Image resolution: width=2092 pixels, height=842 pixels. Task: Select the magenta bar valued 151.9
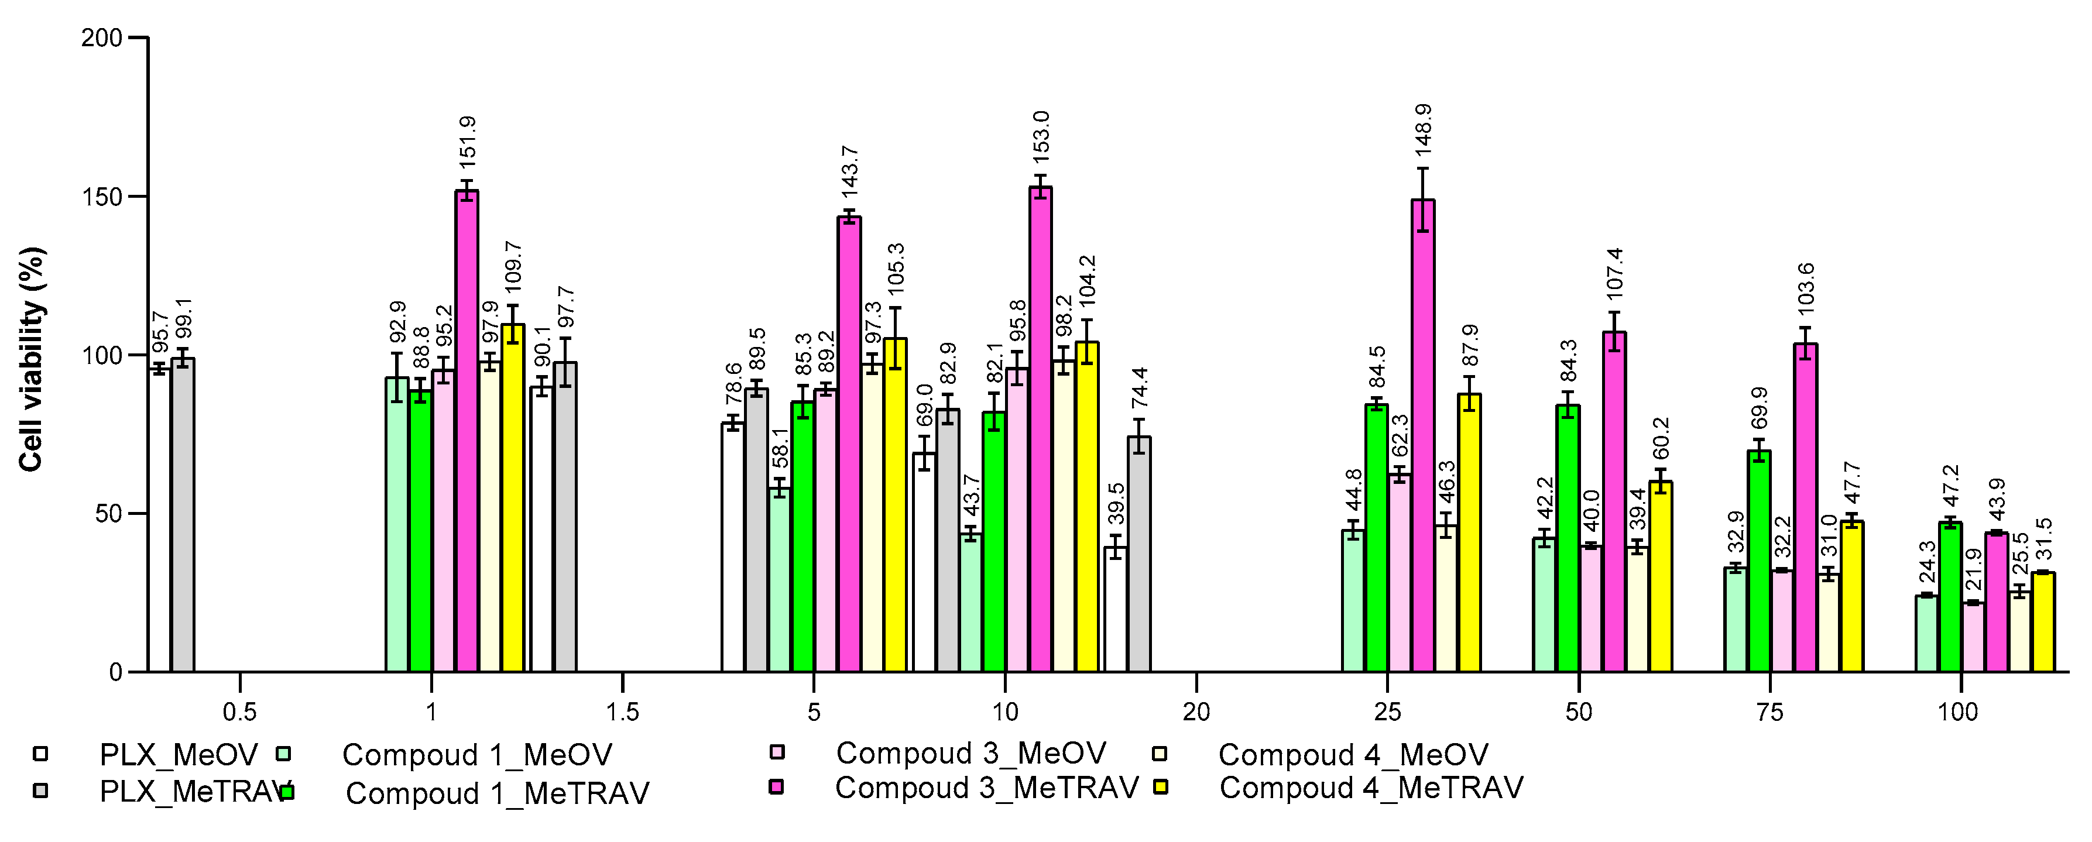pyautogui.click(x=466, y=430)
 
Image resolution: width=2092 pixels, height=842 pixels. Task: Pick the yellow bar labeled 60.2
pyautogui.click(x=1661, y=576)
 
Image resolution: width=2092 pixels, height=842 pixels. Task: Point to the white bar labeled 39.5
pyautogui.click(x=1116, y=609)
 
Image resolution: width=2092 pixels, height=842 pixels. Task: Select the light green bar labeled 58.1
pyautogui.click(x=780, y=580)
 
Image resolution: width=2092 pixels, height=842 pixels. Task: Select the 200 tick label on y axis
pyautogui.click(x=101, y=38)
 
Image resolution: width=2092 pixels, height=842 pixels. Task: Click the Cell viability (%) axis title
pyautogui.click(x=31, y=359)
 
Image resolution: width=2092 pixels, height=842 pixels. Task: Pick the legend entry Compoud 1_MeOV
pyautogui.click(x=476, y=755)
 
